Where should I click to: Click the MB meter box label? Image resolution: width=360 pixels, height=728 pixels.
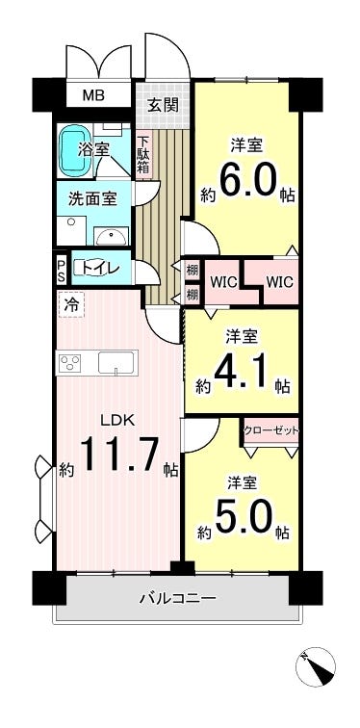(x=93, y=95)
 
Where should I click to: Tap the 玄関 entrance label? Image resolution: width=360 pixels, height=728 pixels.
(x=163, y=105)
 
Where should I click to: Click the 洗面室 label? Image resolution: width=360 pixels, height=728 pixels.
(x=91, y=199)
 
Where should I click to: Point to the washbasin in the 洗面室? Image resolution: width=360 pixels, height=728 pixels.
(x=112, y=236)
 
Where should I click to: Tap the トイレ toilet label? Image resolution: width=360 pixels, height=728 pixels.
(x=100, y=268)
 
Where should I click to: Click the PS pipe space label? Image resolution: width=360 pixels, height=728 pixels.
(x=62, y=271)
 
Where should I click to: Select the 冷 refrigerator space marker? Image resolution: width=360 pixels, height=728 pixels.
(x=71, y=304)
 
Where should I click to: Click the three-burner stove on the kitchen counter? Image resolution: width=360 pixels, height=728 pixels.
(x=69, y=362)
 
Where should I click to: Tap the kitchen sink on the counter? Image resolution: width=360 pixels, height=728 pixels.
(x=116, y=362)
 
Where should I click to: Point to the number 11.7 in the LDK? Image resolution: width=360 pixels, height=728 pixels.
(x=120, y=455)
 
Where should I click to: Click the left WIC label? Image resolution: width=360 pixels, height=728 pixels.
(x=224, y=282)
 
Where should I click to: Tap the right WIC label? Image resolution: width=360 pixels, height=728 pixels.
(x=279, y=282)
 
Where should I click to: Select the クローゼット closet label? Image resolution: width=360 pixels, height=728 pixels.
(x=271, y=431)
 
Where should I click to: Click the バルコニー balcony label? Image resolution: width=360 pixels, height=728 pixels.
(x=178, y=598)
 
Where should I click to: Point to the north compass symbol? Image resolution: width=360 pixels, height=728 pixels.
(x=316, y=667)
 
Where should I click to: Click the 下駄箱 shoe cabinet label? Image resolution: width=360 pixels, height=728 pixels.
(x=142, y=155)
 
